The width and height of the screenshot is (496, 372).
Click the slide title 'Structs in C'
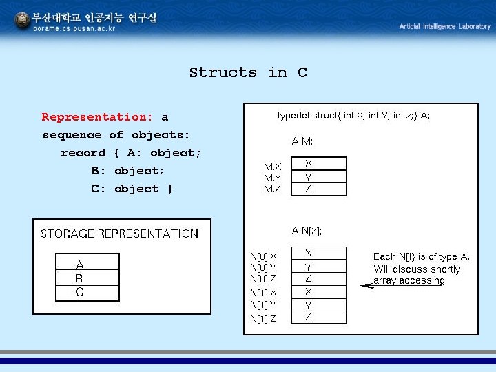pos(248,72)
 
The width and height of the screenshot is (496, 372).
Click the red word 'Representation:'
pos(97,117)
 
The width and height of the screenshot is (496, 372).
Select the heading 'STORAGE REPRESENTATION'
pos(119,234)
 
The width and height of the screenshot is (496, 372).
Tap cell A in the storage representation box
pos(80,265)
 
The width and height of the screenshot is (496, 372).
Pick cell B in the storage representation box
pos(80,279)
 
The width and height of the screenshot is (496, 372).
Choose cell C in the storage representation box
pos(80,293)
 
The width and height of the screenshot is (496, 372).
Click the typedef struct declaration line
pos(353,116)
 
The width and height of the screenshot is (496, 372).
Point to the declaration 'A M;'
pos(302,142)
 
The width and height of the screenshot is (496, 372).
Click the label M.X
pos(273,166)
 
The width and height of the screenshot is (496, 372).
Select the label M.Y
pos(273,177)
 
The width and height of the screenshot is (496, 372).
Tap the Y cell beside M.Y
pos(309,176)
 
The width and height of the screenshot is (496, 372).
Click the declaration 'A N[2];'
pos(307,231)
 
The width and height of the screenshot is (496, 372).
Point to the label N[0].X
pos(263,256)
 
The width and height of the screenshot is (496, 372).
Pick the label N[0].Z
pos(263,279)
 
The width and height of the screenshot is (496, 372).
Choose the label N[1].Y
pos(263,304)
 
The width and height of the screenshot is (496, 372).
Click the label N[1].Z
pos(263,318)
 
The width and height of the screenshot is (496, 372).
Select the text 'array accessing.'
pos(410,281)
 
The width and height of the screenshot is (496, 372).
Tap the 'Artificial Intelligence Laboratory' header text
pos(445,26)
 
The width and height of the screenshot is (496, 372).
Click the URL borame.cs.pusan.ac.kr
pos(74,29)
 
